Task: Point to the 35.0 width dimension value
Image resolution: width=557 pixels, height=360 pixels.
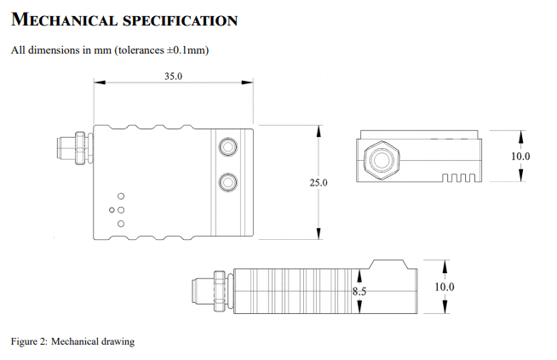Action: (173, 77)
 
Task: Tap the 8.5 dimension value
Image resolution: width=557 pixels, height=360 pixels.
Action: (359, 292)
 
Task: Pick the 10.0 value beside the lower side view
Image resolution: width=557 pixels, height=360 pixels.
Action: (445, 287)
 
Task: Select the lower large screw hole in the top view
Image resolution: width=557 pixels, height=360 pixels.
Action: (227, 181)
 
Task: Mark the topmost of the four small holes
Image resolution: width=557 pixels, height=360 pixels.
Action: (121, 195)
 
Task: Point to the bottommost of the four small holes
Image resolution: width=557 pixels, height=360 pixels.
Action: (121, 223)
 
